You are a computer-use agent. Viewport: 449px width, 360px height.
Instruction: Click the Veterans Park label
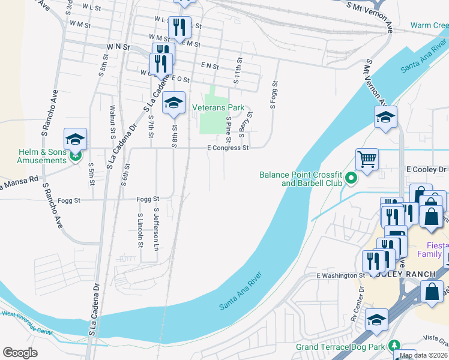pos(218,107)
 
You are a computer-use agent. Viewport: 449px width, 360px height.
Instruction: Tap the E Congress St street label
pos(228,148)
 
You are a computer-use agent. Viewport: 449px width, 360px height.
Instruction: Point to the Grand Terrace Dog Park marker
pos(394,346)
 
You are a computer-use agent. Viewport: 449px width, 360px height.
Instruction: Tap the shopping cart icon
pos(367,160)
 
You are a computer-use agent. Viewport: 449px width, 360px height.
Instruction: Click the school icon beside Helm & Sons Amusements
pos(76,140)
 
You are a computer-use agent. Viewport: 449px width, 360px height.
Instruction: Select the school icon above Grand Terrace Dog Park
pos(377,320)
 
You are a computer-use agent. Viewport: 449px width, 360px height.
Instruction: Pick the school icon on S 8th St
pos(173,103)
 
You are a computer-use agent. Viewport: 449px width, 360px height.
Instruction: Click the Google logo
pos(20,353)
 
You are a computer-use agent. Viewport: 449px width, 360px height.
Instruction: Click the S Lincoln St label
pos(140,230)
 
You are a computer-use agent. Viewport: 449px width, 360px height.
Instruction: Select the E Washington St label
pos(340,275)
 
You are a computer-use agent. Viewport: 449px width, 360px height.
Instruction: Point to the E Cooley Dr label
pos(427,170)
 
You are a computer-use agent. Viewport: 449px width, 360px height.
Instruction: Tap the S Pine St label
pos(228,126)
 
